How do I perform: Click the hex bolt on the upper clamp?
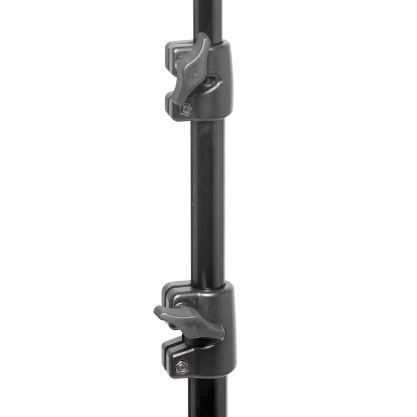(186, 109)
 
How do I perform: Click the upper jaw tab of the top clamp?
(176, 54)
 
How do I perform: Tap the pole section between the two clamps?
(207, 197)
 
